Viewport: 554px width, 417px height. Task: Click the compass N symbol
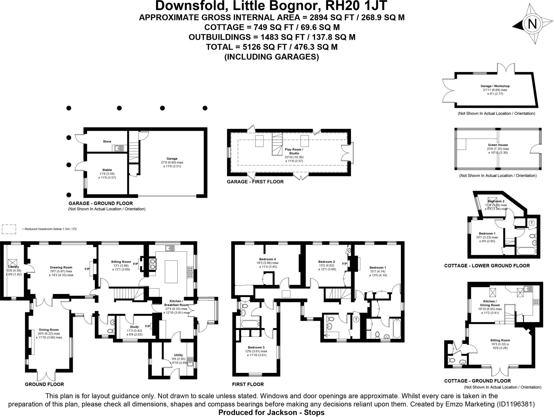[532, 24]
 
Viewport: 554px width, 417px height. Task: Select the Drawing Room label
[61, 267]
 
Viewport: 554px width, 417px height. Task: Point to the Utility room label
[179, 355]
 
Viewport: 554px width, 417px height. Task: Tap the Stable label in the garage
[107, 170]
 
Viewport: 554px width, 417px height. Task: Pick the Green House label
[498, 145]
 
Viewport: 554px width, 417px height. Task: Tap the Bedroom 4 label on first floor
[267, 259]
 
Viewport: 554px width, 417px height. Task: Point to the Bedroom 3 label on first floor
[256, 347]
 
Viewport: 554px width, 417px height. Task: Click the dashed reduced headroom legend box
[9, 229]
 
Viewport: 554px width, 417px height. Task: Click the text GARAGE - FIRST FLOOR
[255, 182]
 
